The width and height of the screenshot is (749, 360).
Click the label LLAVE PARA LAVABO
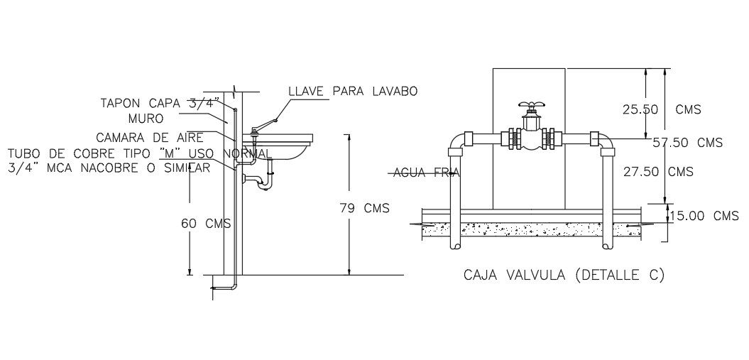point(353,91)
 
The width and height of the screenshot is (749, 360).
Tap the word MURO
point(146,118)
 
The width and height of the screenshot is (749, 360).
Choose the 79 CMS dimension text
point(365,208)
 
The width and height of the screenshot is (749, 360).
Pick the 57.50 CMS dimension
point(687,143)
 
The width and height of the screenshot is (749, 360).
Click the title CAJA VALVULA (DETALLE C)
point(564,275)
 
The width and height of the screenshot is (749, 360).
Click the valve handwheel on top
point(532,105)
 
